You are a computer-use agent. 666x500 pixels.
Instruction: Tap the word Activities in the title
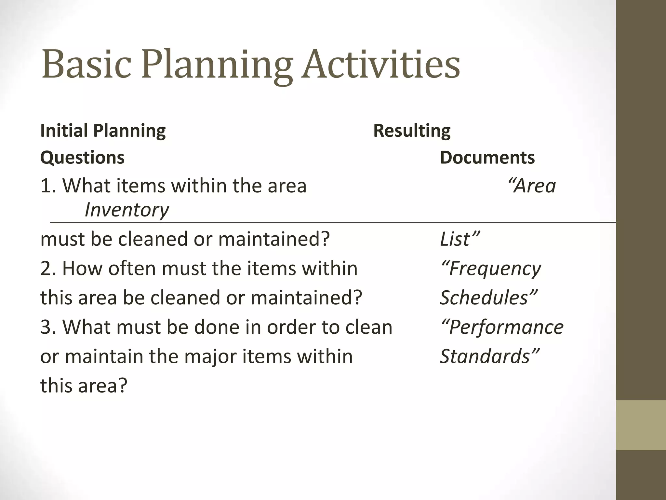(x=380, y=64)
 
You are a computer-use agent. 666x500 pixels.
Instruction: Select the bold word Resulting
(x=412, y=131)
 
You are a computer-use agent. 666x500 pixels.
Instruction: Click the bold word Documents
(x=487, y=158)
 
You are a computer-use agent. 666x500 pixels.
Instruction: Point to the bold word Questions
(x=82, y=158)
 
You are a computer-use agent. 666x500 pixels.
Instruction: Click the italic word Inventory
(x=127, y=210)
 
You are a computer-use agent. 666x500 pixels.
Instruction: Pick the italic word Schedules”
(x=488, y=298)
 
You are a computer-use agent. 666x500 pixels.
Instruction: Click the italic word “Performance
(x=502, y=327)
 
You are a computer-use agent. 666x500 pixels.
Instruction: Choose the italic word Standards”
(x=489, y=356)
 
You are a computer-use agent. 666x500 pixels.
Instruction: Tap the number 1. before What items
(x=48, y=186)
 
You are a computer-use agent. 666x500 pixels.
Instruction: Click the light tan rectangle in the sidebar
(x=641, y=425)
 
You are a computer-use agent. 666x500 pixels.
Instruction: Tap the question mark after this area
(x=122, y=386)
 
